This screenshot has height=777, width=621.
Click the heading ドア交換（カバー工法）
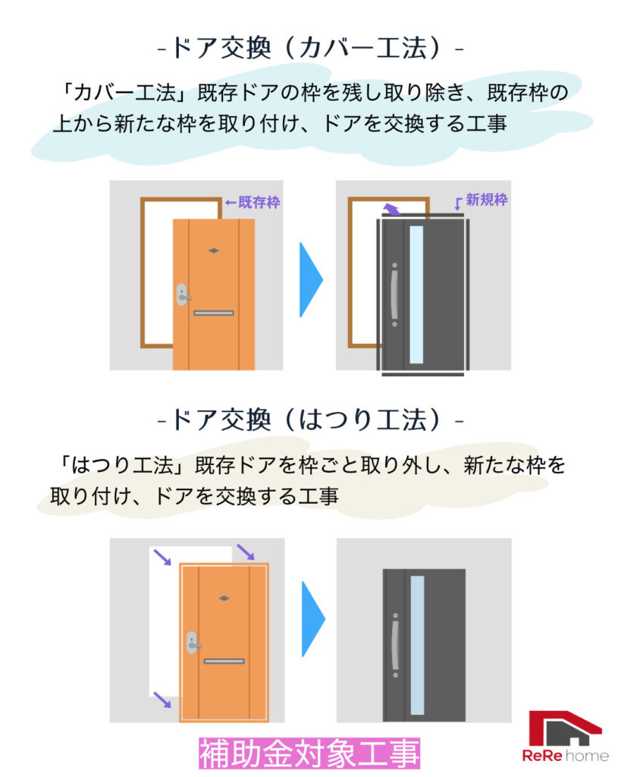309,49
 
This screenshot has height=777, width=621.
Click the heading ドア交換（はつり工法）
309,419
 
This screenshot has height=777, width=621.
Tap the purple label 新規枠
486,200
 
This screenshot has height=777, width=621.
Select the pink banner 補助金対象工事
309,754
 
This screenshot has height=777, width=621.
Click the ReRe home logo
564,736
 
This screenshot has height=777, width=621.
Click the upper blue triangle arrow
310,279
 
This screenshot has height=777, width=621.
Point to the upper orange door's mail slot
213,313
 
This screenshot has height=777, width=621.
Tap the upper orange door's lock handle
183,294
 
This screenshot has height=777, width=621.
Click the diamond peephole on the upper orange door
214,250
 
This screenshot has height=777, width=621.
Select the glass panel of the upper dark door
416,294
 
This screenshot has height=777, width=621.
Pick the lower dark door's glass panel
417,645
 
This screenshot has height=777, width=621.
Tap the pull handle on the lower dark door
394,645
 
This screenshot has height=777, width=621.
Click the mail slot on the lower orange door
224,661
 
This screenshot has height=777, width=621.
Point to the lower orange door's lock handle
193,643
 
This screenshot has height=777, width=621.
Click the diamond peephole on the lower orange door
224,598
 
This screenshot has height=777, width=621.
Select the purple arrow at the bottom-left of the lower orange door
162,700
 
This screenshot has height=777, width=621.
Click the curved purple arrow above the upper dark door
390,208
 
